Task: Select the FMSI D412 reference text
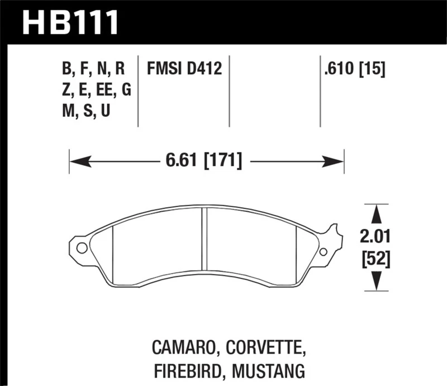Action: click(184, 69)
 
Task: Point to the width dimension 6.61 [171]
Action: click(204, 162)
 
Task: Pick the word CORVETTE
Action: click(266, 349)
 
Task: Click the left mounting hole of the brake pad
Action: click(81, 247)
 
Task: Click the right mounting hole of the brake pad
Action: click(323, 251)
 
